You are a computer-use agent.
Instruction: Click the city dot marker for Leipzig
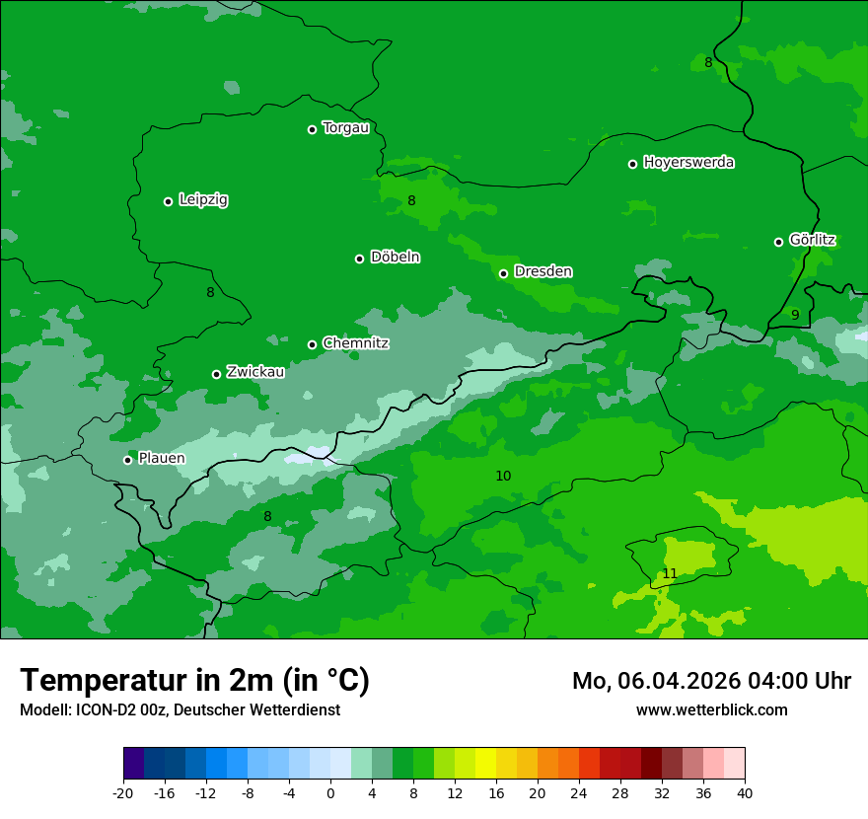tap(168, 201)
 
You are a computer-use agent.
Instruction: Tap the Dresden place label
tap(542, 271)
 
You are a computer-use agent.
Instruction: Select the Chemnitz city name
tap(355, 343)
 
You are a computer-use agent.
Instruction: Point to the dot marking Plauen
tap(127, 460)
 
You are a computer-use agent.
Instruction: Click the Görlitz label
tap(812, 240)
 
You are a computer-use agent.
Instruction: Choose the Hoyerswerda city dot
tap(632, 164)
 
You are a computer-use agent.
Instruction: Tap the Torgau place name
tap(345, 128)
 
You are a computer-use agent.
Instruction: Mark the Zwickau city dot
tap(216, 374)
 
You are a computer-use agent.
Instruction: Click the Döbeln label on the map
tap(395, 258)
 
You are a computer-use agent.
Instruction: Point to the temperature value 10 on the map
tap(503, 476)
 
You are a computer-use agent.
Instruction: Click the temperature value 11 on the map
tap(670, 573)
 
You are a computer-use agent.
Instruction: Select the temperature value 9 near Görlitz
tap(795, 315)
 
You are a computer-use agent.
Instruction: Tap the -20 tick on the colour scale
tap(123, 792)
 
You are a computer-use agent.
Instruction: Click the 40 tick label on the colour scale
tap(745, 792)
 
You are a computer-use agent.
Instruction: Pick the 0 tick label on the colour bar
tap(330, 792)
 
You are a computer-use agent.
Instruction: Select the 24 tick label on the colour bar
tap(579, 792)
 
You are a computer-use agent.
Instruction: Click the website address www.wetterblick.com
tap(711, 709)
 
